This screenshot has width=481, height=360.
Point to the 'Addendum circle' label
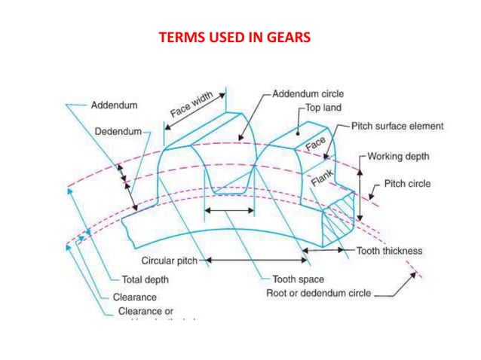(308, 94)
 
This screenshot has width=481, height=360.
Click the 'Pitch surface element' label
(397, 127)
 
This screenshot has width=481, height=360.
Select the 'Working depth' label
(397, 157)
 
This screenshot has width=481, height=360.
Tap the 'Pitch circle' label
(407, 184)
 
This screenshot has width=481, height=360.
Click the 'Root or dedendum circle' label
(318, 293)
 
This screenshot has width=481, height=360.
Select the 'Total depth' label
(145, 280)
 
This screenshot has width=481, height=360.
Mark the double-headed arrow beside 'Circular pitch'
(256, 261)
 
